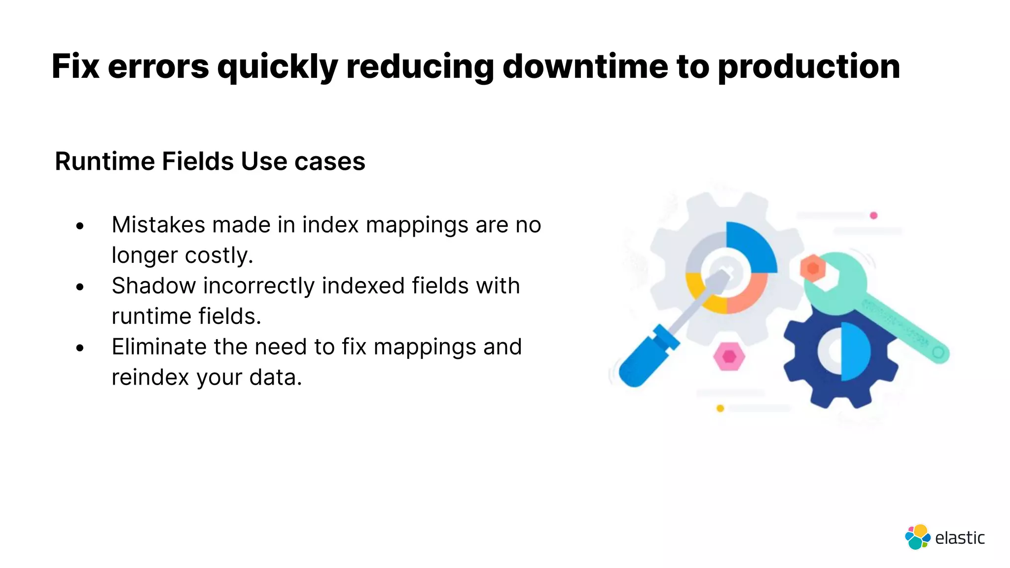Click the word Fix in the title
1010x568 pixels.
(x=75, y=67)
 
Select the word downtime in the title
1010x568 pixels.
(x=585, y=67)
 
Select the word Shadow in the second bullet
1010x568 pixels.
(x=153, y=286)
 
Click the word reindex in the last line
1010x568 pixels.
(x=150, y=378)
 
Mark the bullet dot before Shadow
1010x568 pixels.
(x=80, y=287)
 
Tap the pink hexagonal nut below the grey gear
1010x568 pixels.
(x=729, y=356)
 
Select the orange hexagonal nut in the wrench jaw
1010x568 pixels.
(x=813, y=269)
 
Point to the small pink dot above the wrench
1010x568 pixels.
(x=873, y=215)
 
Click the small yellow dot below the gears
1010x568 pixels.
(x=720, y=408)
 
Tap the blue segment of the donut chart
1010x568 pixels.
(x=752, y=247)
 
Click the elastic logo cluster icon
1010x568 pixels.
(x=917, y=537)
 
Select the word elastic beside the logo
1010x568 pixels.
(x=960, y=538)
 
